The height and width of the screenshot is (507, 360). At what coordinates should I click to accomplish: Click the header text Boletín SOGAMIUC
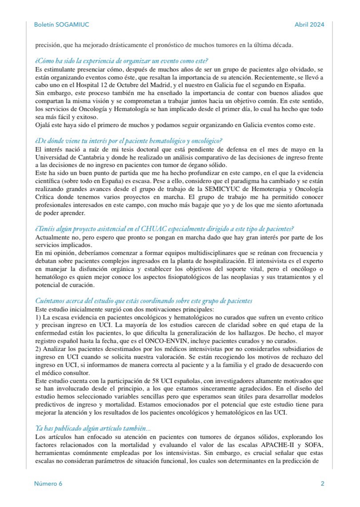(x=61, y=24)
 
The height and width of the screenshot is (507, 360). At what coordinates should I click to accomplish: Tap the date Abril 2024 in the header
(x=309, y=24)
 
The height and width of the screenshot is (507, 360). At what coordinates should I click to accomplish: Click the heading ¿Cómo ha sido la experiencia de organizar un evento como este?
(x=122, y=60)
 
